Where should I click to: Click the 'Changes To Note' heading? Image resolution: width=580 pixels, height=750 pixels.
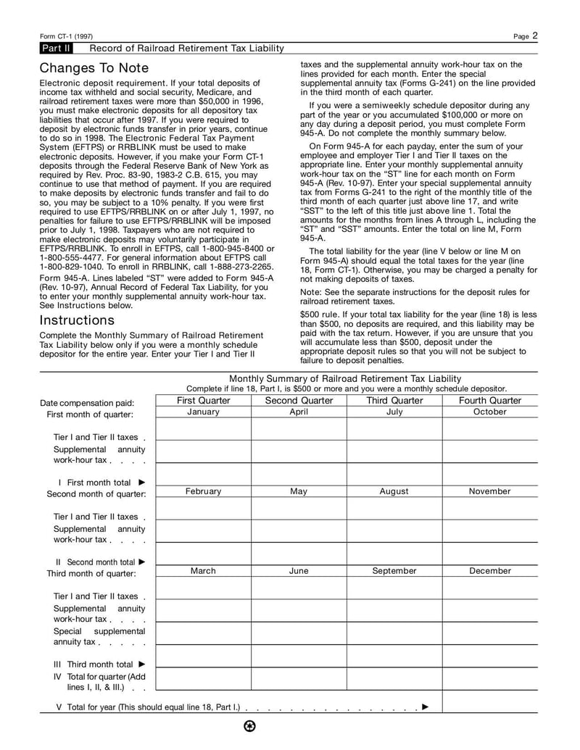click(x=94, y=68)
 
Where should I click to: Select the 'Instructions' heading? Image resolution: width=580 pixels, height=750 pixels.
click(x=77, y=320)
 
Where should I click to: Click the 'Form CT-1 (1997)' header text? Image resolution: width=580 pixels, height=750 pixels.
click(x=66, y=36)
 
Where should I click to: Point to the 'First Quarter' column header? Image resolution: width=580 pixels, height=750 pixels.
click(x=203, y=401)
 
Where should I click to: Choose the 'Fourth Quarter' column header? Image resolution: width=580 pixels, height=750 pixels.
click(x=489, y=401)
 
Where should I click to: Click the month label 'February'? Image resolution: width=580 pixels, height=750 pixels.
click(x=203, y=491)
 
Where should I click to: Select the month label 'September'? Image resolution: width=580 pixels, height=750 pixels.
click(x=394, y=571)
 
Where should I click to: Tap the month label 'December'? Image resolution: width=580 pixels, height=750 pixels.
click(x=489, y=571)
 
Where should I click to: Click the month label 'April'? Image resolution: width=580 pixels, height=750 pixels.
click(x=299, y=412)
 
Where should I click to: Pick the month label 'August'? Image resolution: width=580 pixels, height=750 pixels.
click(x=394, y=491)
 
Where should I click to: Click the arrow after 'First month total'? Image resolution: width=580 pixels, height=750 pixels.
click(x=141, y=482)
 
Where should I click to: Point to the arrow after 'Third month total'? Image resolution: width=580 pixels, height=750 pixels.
click(x=142, y=664)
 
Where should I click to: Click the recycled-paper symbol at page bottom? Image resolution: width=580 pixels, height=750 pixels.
click(x=250, y=727)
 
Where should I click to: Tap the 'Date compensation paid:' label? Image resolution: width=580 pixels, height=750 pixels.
click(x=86, y=403)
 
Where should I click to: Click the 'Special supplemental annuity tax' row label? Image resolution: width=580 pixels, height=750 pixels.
click(x=99, y=636)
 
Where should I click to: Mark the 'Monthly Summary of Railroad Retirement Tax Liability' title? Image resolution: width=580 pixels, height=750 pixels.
click(x=345, y=378)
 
